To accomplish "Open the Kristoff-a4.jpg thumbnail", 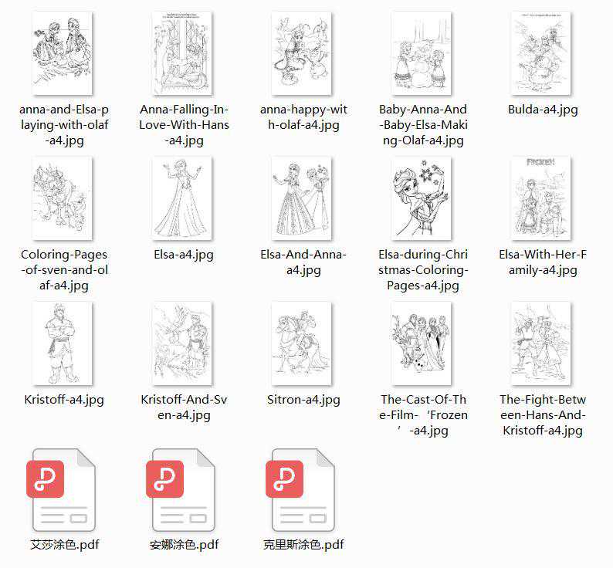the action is (x=63, y=343).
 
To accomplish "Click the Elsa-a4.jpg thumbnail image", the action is (x=182, y=198).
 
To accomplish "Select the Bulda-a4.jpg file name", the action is (x=543, y=110).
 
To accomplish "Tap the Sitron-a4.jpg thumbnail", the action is (x=301, y=343).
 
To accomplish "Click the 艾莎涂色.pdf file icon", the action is (x=62, y=490).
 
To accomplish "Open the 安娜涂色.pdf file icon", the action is (x=181, y=490).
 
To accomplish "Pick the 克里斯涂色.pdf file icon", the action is (x=300, y=490).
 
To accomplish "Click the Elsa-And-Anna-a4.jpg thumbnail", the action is (x=301, y=198).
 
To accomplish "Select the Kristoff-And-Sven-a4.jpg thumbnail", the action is (x=182, y=343).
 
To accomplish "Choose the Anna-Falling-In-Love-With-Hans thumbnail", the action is (x=182, y=53).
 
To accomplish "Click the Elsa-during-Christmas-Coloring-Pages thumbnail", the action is (x=421, y=198).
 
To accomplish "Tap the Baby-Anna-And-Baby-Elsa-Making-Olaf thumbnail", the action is (x=421, y=53).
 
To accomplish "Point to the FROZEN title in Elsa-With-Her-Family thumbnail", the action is (x=540, y=162).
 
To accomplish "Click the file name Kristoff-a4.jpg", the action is (x=64, y=400).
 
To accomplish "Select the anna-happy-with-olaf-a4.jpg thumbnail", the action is (x=301, y=53).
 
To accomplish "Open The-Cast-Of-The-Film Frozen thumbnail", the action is (x=421, y=343).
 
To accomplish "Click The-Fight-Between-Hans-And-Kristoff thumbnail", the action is (x=541, y=343).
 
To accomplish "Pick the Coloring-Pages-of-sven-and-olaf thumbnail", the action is (x=63, y=198).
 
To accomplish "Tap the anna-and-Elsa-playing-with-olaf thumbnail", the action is (x=63, y=53).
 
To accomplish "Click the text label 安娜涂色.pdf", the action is (x=185, y=545).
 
